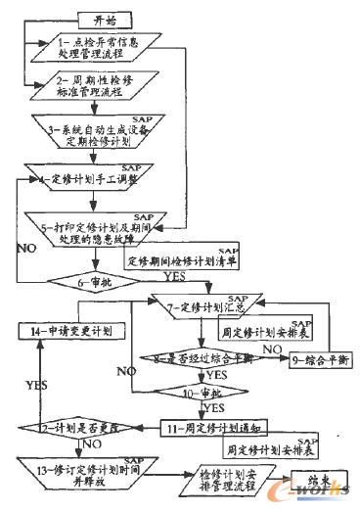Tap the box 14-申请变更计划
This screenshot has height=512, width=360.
coord(66,331)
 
